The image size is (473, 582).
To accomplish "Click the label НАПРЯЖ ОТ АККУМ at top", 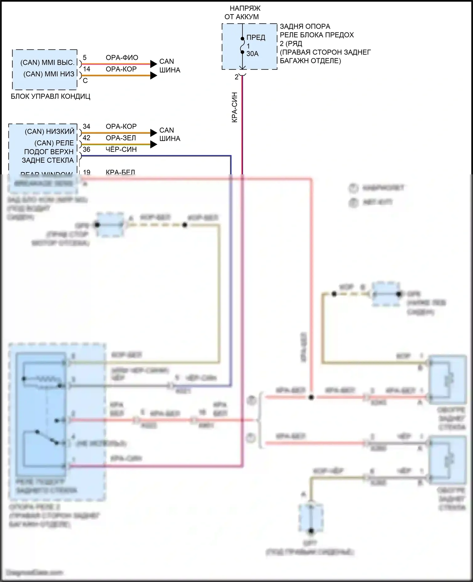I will (x=242, y=13).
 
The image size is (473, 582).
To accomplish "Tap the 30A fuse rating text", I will (x=252, y=54).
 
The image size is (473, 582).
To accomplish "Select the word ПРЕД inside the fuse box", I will (x=256, y=38).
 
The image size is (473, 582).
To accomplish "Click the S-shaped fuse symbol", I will (x=242, y=45).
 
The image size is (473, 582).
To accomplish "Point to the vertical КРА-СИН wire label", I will (x=235, y=107).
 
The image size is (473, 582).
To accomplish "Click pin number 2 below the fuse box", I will (x=237, y=77).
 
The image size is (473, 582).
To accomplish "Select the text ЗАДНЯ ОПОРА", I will (x=305, y=26).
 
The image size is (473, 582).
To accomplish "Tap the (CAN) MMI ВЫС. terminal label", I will (x=47, y=62).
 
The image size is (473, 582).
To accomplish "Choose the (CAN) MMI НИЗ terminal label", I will (x=49, y=74).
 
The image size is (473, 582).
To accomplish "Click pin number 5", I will (x=85, y=58).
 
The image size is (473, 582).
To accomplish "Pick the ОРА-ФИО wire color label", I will (x=122, y=58).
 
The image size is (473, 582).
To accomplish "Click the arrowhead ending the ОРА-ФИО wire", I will (x=154, y=64).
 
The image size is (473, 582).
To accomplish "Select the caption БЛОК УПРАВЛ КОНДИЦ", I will (x=50, y=96).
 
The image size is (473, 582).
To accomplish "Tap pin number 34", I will (x=86, y=126).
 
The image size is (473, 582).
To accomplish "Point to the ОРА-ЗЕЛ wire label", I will (x=121, y=138).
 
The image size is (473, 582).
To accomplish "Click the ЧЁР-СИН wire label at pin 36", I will (x=121, y=150).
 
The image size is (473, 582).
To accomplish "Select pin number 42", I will (x=86, y=138).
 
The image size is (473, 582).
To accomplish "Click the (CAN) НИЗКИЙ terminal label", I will (x=50, y=131).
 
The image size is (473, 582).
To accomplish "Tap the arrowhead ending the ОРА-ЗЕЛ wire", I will (x=154, y=144).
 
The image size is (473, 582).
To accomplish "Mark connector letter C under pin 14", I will (x=85, y=81).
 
